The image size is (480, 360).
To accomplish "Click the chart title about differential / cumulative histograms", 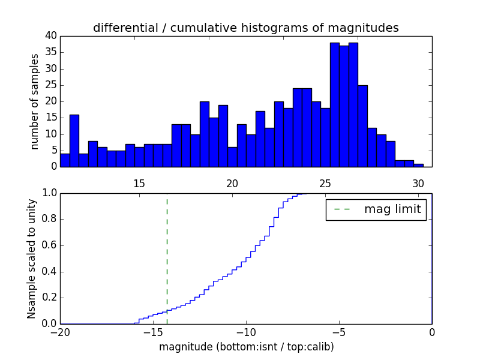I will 245,28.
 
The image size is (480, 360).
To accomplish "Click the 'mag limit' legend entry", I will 376,209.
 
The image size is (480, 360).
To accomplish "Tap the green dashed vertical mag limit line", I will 167,258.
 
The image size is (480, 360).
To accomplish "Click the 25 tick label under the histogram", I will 325,184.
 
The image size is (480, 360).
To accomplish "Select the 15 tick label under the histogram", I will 139,184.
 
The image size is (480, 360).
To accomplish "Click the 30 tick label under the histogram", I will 418,184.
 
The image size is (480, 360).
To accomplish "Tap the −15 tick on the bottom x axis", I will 153,332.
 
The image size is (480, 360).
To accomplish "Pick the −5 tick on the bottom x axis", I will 339,332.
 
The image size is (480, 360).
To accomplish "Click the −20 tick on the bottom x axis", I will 61,332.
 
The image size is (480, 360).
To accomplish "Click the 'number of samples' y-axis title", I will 35,101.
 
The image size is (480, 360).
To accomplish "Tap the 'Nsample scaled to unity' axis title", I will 32,259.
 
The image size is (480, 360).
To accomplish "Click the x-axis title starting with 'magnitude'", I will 246,347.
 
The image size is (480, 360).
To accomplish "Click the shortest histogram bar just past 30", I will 418,165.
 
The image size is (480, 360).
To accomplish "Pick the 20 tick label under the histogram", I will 232,184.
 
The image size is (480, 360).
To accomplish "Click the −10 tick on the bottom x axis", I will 246,332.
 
